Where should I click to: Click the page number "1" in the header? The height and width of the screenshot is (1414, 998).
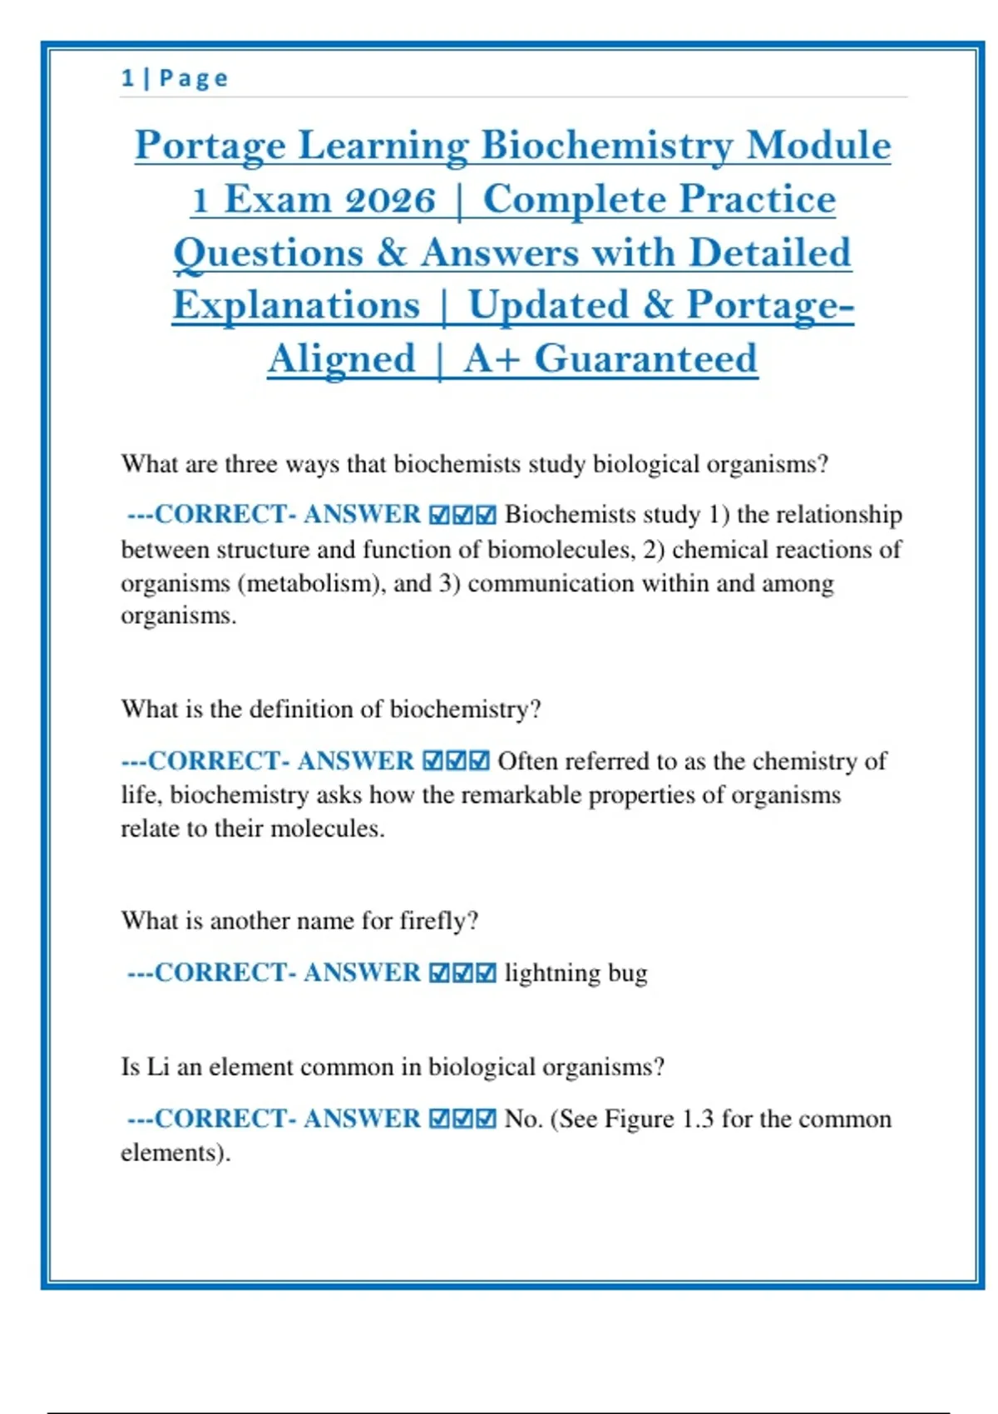(127, 78)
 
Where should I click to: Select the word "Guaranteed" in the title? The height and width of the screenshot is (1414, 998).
(645, 359)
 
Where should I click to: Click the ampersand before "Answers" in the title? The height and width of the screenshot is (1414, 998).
(391, 253)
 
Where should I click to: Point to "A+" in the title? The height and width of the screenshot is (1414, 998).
(492, 359)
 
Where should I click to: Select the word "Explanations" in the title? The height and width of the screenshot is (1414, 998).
(296, 305)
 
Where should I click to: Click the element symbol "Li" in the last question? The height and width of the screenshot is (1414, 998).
(158, 1067)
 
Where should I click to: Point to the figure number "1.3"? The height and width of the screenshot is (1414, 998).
(697, 1119)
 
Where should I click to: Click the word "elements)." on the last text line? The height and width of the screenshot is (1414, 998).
(175, 1153)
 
